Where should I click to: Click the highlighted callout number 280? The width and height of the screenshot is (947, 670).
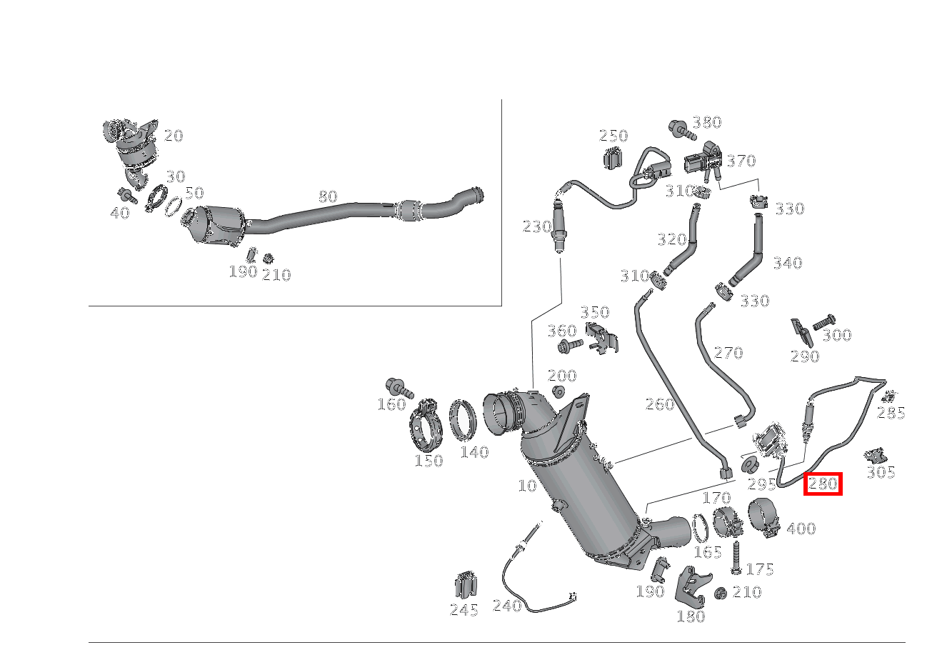click(823, 484)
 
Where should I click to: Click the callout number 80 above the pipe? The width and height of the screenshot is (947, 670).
click(327, 196)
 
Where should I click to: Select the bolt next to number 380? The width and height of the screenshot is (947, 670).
click(681, 129)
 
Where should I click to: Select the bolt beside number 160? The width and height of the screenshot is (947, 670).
click(399, 388)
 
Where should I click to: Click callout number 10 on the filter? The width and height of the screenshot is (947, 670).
click(527, 486)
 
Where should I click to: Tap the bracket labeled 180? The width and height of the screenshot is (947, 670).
click(691, 586)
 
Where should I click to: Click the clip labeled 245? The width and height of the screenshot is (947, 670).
click(464, 586)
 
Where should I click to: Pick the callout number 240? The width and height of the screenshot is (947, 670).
click(507, 606)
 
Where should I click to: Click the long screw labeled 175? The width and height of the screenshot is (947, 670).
click(736, 558)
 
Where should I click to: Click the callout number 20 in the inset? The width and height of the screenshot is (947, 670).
click(174, 136)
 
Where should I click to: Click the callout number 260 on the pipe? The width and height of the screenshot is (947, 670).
click(660, 404)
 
